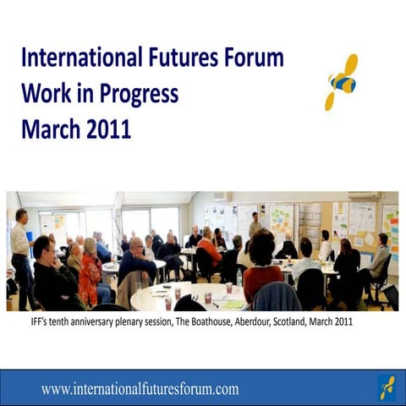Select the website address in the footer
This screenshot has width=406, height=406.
click(140, 389)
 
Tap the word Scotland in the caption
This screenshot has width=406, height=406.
click(305, 323)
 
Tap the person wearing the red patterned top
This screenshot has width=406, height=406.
click(89, 279)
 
